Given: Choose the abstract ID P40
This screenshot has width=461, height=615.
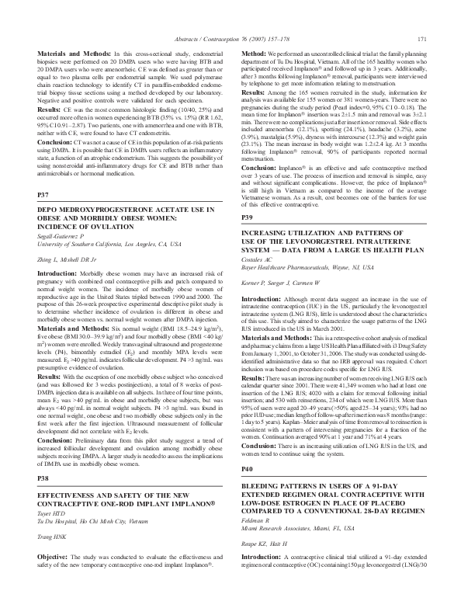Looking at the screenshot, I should [x=248, y=492].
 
